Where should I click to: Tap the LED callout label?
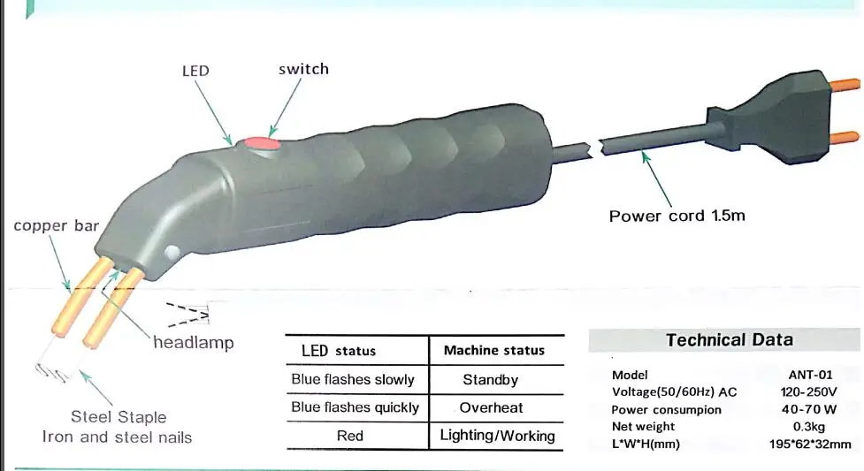[x=195, y=71]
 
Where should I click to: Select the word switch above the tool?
[x=303, y=69]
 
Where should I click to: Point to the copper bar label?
[x=57, y=226]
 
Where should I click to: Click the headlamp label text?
[x=194, y=343]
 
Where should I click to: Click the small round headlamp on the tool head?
[x=172, y=253]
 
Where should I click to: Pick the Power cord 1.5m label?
[x=677, y=216]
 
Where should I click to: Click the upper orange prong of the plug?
[x=845, y=85]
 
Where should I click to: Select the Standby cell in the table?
[x=491, y=380]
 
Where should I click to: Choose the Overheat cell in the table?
[x=491, y=407]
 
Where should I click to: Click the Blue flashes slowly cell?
[x=353, y=380]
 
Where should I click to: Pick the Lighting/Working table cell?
[x=497, y=436]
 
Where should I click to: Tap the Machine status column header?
[x=494, y=350]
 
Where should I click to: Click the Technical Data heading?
[x=730, y=340]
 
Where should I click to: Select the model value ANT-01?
[x=810, y=376]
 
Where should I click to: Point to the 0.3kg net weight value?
[x=809, y=427]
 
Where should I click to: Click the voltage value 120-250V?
[x=808, y=392]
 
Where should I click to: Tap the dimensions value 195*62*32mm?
[x=810, y=444]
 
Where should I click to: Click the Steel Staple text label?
[x=119, y=417]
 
